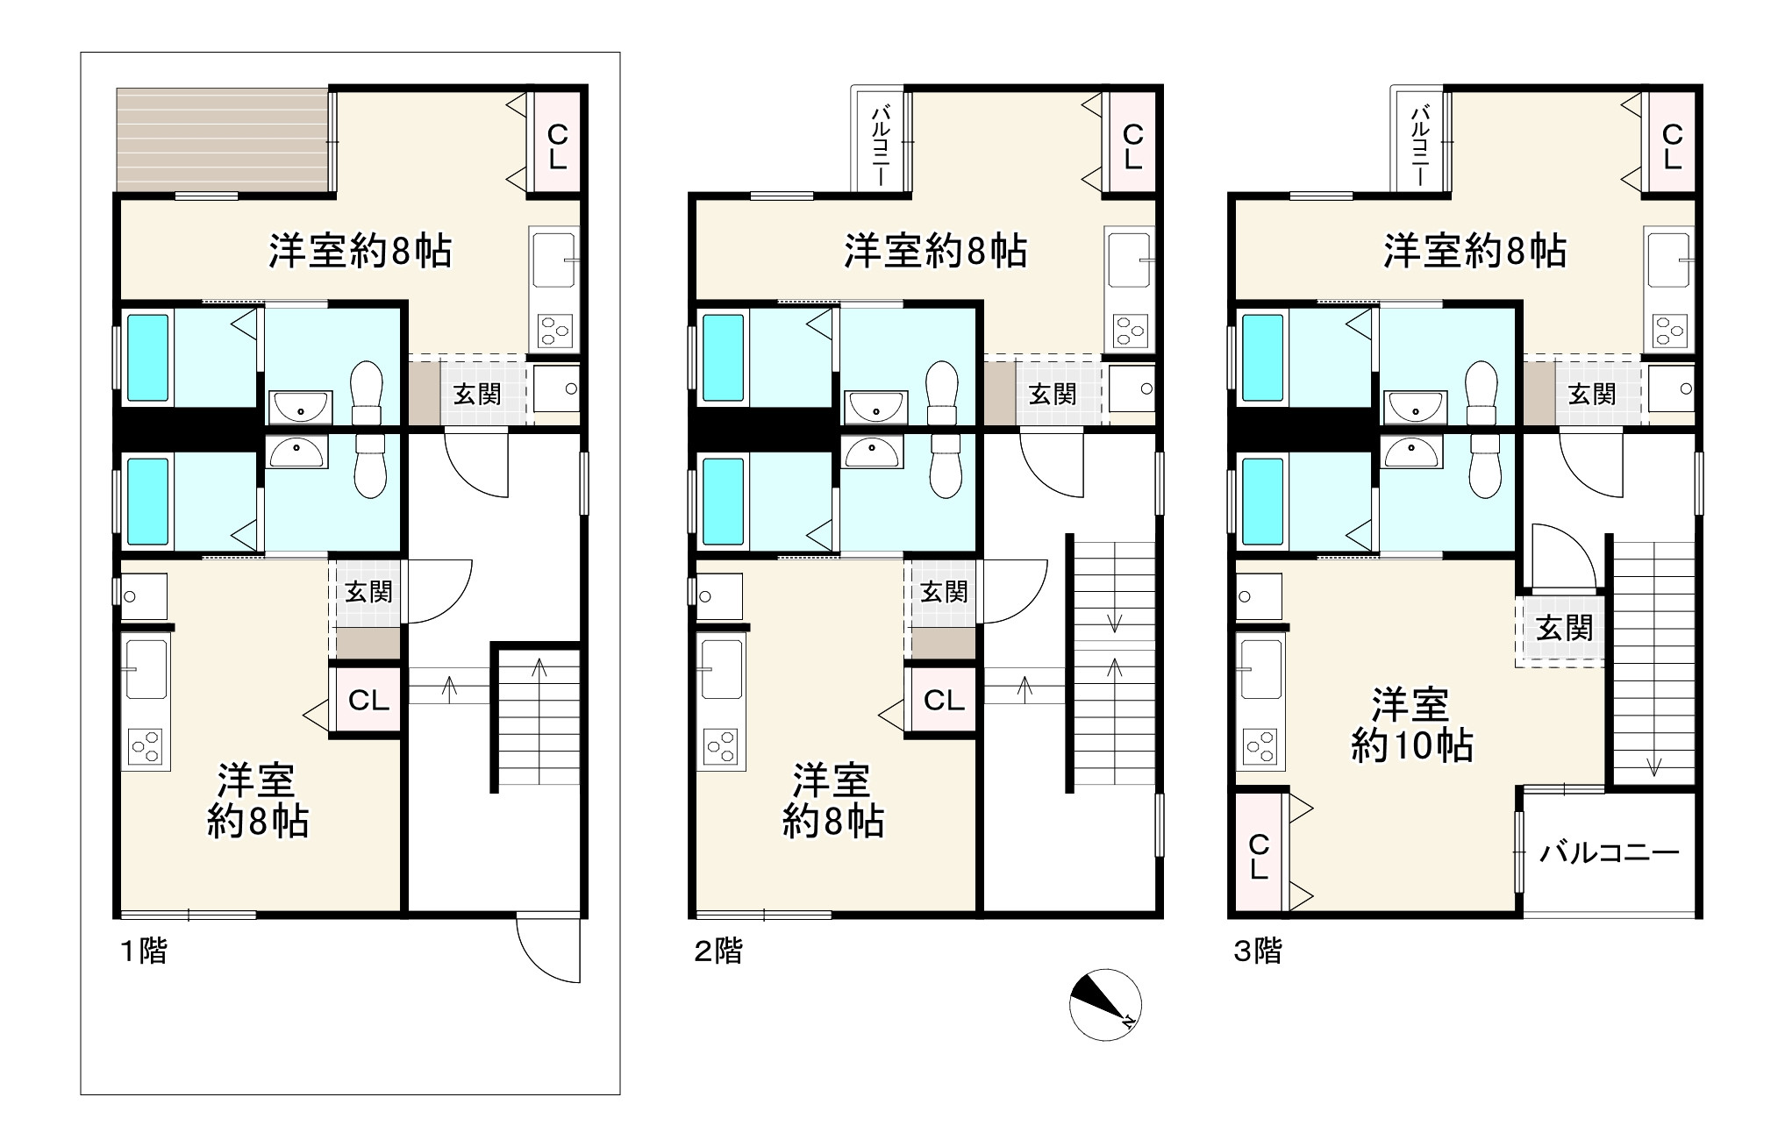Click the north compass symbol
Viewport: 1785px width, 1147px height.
(x=1105, y=1005)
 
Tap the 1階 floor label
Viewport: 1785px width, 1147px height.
(x=143, y=951)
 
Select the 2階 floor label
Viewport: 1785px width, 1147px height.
(x=718, y=951)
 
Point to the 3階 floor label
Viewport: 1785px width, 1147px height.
(x=1257, y=951)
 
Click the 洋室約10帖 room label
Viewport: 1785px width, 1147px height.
(x=1411, y=725)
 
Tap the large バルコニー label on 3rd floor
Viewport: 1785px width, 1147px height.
(x=1610, y=852)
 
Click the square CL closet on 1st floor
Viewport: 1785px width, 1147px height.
(x=368, y=701)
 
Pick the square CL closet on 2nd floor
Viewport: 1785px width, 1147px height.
(x=944, y=701)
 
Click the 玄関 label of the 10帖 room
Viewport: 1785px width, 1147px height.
(x=1564, y=628)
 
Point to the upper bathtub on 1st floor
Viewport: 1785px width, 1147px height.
(x=148, y=358)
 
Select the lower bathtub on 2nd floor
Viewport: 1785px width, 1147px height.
(x=724, y=503)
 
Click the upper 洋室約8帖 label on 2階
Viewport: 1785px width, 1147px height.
(x=935, y=252)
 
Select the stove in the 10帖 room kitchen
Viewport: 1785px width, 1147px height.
(x=1260, y=745)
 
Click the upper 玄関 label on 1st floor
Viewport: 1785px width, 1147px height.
(x=476, y=395)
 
